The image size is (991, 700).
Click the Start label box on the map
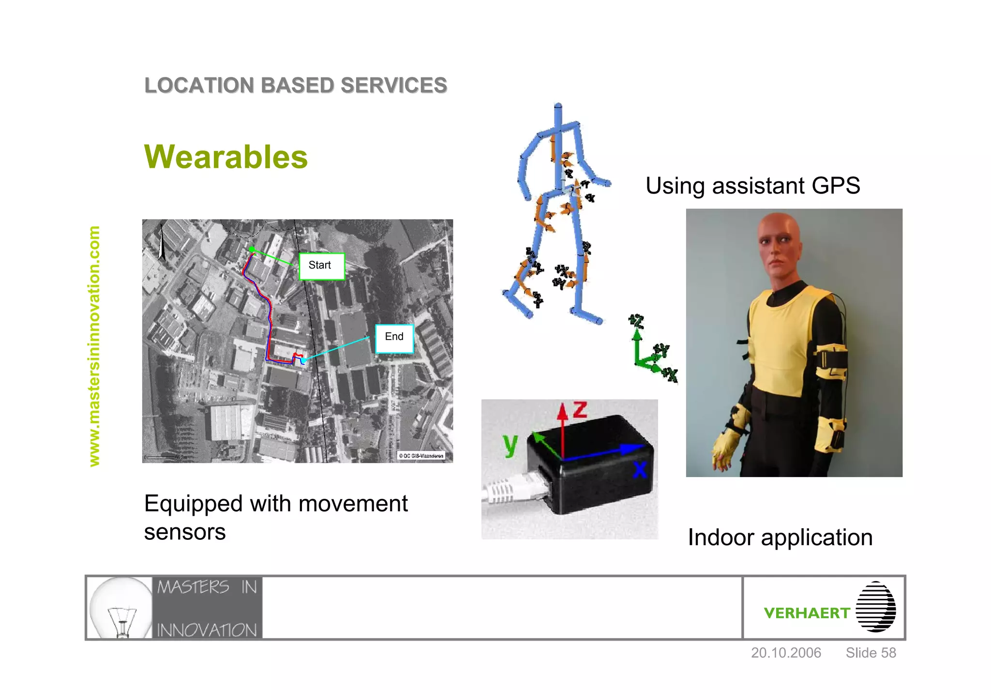[322, 266]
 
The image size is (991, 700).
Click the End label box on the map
[394, 338]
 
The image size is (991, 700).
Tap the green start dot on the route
[252, 249]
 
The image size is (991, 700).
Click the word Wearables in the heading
[226, 157]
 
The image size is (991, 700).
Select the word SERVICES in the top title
[394, 86]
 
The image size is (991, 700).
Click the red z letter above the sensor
[580, 411]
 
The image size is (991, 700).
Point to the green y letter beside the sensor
[510, 444]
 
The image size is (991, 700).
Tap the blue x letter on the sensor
[640, 469]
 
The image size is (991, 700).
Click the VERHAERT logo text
[807, 613]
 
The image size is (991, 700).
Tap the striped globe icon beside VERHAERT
[876, 607]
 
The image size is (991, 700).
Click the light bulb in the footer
[121, 607]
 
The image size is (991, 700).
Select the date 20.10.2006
[786, 653]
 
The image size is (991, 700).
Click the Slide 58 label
[871, 653]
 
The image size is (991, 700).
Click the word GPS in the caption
[836, 186]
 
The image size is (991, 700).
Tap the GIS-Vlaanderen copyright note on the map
[421, 456]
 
